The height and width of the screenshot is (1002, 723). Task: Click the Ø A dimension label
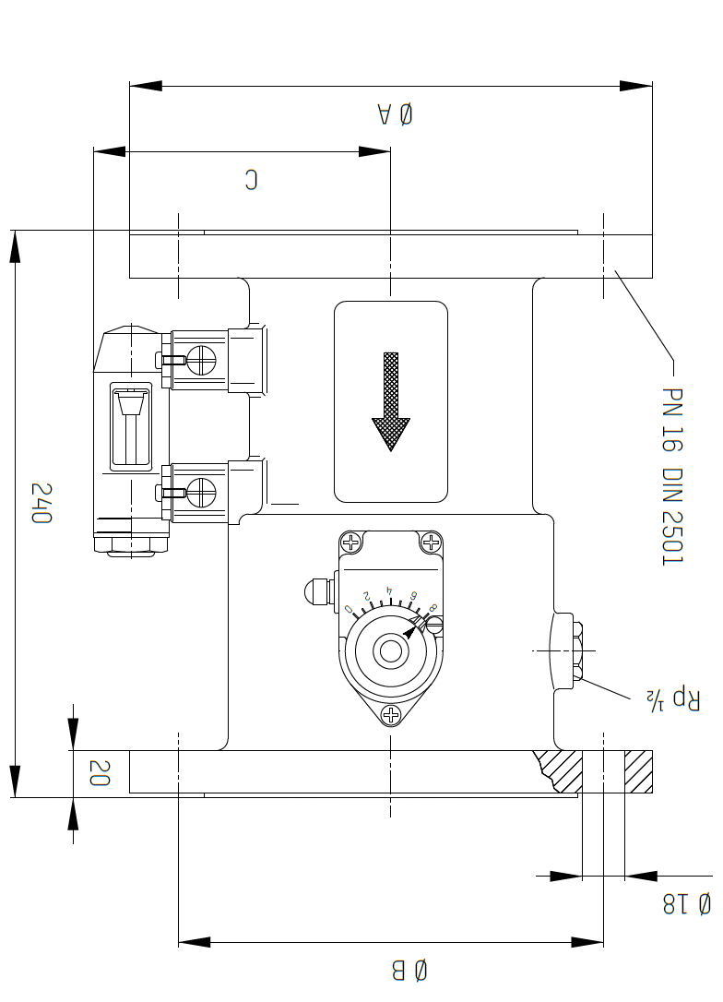tap(396, 114)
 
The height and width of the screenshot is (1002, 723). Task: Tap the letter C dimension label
tap(252, 180)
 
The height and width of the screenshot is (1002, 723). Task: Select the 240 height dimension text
tap(42, 503)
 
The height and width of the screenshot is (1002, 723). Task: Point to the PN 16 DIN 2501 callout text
tap(672, 477)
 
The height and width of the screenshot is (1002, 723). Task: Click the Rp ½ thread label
tap(674, 699)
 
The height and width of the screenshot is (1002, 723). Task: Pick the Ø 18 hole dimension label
tap(687, 904)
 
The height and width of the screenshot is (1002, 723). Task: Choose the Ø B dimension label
tap(409, 970)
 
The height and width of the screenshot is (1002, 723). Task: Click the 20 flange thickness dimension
tap(100, 772)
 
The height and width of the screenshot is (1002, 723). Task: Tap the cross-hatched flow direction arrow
tap(391, 402)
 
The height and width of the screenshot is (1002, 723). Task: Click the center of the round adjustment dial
tap(391, 652)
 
